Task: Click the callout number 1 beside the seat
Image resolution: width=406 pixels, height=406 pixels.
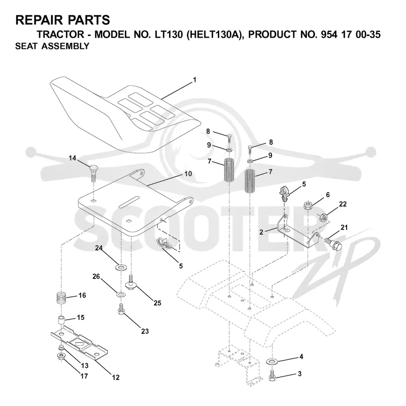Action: click(195, 80)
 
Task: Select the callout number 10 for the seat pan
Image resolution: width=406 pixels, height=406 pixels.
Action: click(188, 173)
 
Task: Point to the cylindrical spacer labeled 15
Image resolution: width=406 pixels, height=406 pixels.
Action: click(61, 320)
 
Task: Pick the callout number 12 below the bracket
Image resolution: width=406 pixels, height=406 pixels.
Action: click(116, 377)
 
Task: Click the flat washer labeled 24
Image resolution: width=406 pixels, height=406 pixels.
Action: click(120, 267)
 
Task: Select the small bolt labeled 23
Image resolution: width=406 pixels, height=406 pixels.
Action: click(121, 309)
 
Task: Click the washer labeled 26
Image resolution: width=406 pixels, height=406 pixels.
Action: click(121, 294)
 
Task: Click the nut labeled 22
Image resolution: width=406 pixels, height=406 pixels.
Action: click(323, 217)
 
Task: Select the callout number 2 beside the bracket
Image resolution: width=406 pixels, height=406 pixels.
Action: click(261, 232)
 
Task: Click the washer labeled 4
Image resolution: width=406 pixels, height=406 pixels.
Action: click(272, 361)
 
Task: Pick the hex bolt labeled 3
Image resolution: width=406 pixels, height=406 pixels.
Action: click(272, 375)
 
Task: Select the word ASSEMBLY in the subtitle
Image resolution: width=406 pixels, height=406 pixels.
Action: click(65, 46)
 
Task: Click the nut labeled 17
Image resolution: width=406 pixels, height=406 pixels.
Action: click(61, 356)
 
